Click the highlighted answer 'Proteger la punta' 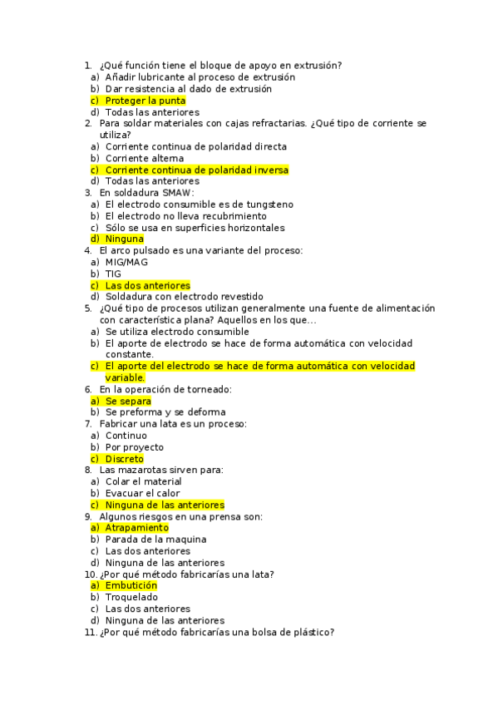145,101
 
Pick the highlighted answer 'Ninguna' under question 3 124,239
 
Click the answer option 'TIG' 113,274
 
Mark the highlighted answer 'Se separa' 128,401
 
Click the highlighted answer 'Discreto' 125,459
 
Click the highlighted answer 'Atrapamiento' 136,527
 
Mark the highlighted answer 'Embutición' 131,585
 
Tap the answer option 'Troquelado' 131,597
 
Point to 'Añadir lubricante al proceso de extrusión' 200,77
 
